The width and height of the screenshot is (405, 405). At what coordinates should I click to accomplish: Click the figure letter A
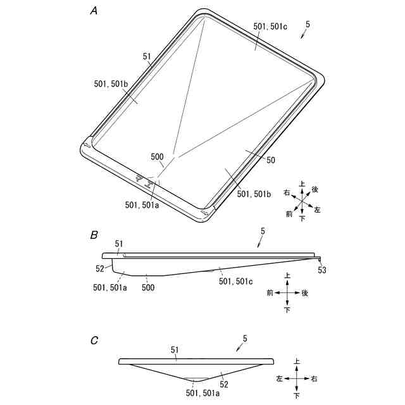pos(94,11)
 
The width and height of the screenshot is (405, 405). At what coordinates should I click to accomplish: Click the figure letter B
pos(94,235)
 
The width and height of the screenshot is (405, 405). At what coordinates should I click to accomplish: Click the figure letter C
pos(94,340)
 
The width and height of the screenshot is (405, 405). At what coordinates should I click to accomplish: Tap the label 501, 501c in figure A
pos(270,27)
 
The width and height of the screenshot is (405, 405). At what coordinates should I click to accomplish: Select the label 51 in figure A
pos(147,56)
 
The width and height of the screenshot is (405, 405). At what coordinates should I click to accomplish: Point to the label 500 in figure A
pos(157,157)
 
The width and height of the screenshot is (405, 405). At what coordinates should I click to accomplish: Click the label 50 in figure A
pos(271,160)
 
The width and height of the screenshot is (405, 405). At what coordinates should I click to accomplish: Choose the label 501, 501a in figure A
pos(142,205)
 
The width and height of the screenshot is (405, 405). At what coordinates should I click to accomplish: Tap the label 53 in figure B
pos(322,270)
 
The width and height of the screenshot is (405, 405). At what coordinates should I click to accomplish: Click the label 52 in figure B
pos(100,268)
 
